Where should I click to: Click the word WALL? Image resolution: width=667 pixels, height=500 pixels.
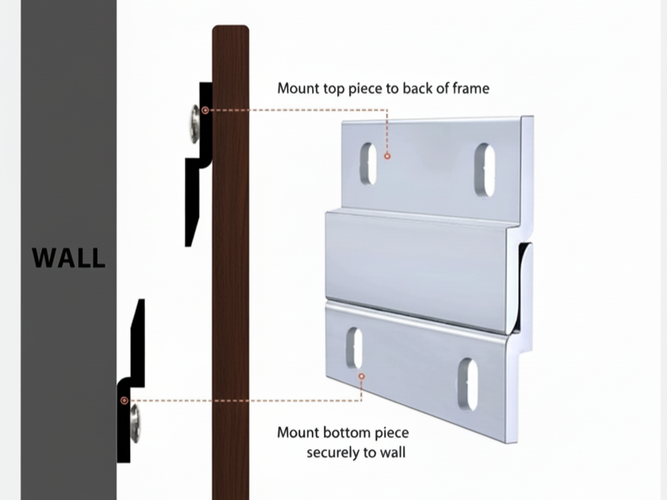(x=68, y=258)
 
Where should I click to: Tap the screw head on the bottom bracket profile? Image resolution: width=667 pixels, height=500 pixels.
(x=135, y=422)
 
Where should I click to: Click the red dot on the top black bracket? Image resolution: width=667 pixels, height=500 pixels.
(x=205, y=110)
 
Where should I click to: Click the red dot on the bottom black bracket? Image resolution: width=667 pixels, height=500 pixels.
(x=124, y=400)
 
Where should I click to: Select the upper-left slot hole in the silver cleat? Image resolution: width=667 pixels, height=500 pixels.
(x=368, y=164)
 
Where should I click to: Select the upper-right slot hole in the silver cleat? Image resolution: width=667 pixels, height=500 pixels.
(x=484, y=170)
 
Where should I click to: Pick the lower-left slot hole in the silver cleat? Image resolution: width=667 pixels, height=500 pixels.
(x=355, y=348)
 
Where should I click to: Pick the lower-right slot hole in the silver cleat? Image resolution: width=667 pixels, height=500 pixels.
(x=467, y=384)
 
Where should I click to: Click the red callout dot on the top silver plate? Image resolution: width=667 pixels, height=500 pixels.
(x=387, y=155)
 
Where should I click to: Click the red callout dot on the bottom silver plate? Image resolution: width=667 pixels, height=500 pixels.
(x=361, y=376)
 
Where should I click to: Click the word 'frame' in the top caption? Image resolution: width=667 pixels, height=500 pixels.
(x=471, y=88)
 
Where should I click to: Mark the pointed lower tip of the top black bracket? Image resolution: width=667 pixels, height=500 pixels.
(x=188, y=243)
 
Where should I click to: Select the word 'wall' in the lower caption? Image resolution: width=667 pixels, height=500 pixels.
(x=392, y=453)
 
